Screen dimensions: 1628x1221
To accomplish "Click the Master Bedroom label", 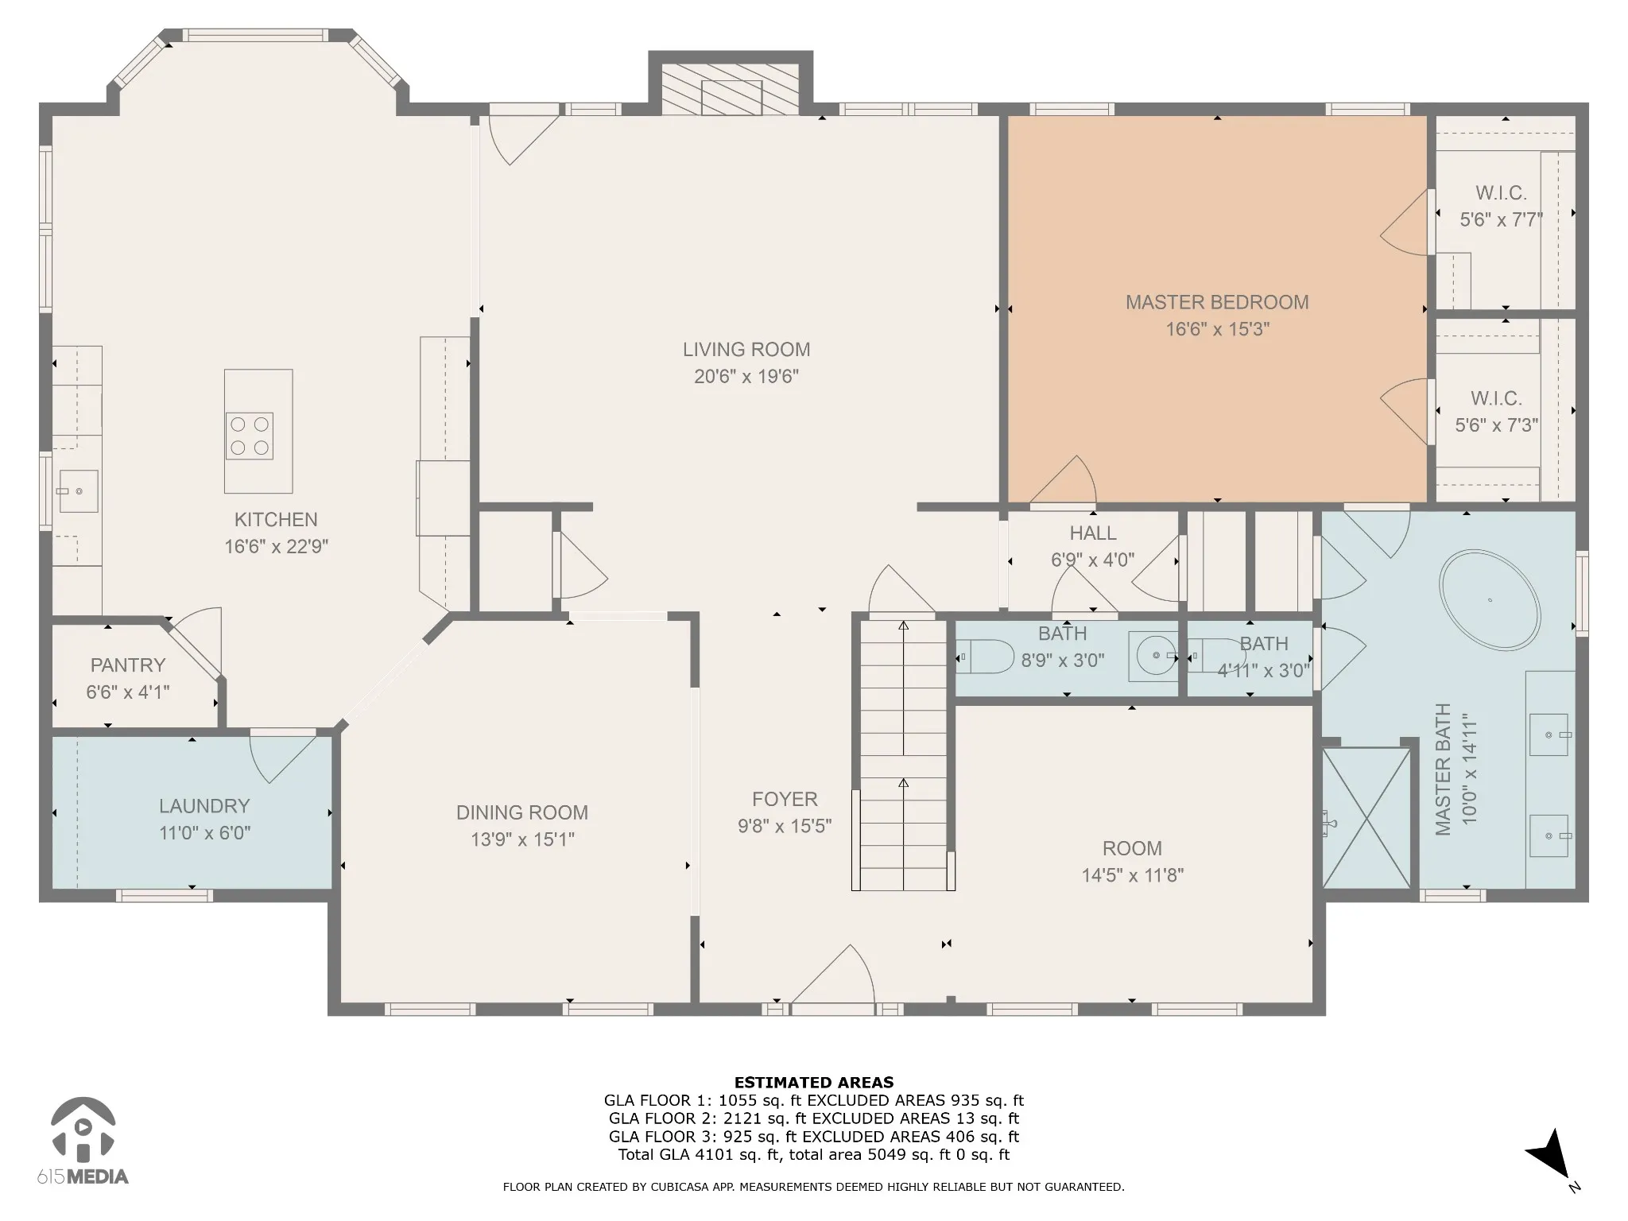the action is coord(1217,303).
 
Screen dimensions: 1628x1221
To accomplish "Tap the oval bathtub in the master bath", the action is coord(1490,600).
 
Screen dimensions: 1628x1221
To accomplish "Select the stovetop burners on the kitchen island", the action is coord(250,436).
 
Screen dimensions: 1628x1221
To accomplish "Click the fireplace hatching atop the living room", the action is coord(731,88).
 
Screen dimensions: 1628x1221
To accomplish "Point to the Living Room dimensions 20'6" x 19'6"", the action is coord(746,377).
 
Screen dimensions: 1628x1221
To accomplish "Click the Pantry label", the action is coord(128,665).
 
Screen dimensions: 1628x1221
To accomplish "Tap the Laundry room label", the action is coord(204,806).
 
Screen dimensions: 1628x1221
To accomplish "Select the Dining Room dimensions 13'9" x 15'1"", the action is coord(522,839).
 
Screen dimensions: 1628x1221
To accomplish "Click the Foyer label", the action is coord(785,799).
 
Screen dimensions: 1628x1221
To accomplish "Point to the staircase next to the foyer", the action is coord(903,755).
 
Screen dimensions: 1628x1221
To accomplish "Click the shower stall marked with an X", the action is coord(1366,818).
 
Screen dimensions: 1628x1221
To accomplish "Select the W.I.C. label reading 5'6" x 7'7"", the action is coord(1501,220).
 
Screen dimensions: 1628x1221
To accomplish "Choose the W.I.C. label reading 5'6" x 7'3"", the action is coord(1497,425).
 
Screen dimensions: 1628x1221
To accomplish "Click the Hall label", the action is coord(1093,533).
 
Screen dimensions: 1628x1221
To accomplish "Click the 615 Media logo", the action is coord(83,1141).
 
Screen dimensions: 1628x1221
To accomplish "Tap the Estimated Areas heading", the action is coord(814,1082).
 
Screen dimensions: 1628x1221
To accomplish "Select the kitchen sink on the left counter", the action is coord(78,491).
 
